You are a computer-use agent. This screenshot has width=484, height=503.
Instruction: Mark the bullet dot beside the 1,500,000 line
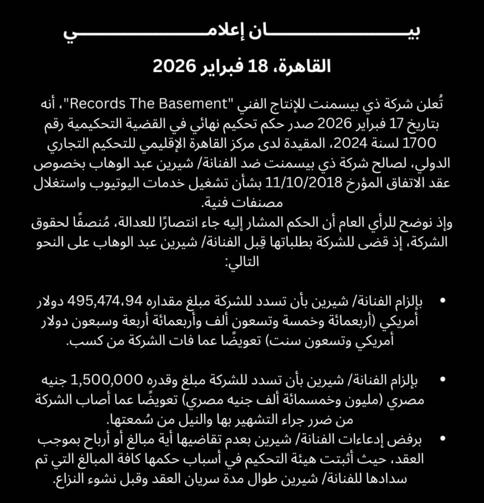pyautogui.click(x=444, y=381)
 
